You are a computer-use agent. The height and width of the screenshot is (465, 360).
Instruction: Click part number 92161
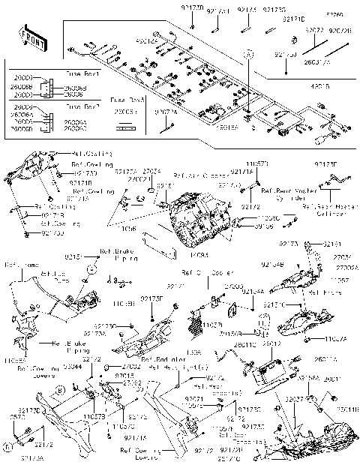point(331,244)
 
